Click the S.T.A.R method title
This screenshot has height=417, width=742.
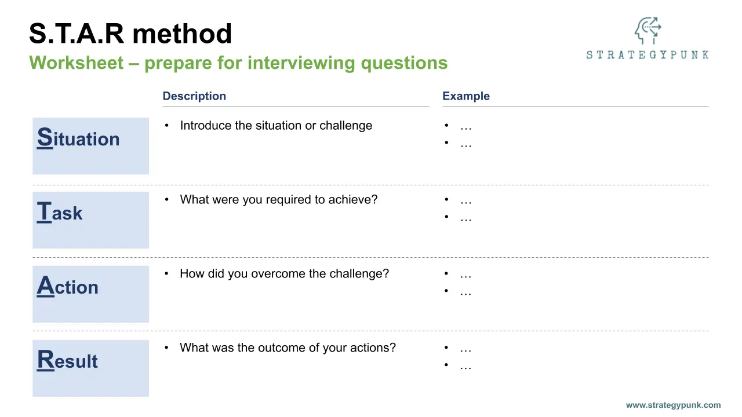[x=130, y=34]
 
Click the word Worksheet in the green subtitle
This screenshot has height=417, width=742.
[x=76, y=63]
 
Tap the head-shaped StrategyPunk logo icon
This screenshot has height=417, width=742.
[x=648, y=31]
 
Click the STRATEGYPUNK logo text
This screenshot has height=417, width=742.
[x=648, y=54]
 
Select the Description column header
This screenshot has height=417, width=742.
[x=194, y=96]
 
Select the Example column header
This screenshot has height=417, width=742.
[x=465, y=96]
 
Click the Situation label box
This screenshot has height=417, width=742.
[x=91, y=146]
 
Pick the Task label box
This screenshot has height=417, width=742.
[x=91, y=220]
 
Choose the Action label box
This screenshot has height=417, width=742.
[x=91, y=294]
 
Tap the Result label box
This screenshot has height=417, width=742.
[x=91, y=368]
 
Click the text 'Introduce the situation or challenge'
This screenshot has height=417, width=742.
[x=276, y=126]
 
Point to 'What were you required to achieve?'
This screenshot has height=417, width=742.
[x=279, y=200]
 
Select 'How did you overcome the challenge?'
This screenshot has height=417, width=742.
[x=284, y=274]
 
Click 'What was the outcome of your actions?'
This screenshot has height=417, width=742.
[x=288, y=348]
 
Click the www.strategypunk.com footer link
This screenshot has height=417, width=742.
[x=673, y=405]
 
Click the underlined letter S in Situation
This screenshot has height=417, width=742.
[x=45, y=137]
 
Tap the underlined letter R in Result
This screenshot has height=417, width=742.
[x=45, y=360]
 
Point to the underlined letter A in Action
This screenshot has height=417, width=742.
[x=45, y=286]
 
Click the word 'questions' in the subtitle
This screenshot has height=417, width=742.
[x=404, y=64]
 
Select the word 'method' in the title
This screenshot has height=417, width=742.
[x=182, y=34]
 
